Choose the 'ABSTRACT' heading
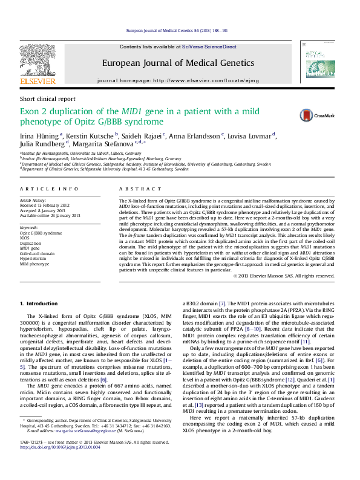[x=139, y=190]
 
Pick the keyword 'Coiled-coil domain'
[x=38, y=253]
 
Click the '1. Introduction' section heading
[x=39, y=303]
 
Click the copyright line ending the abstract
[x=283, y=276]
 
